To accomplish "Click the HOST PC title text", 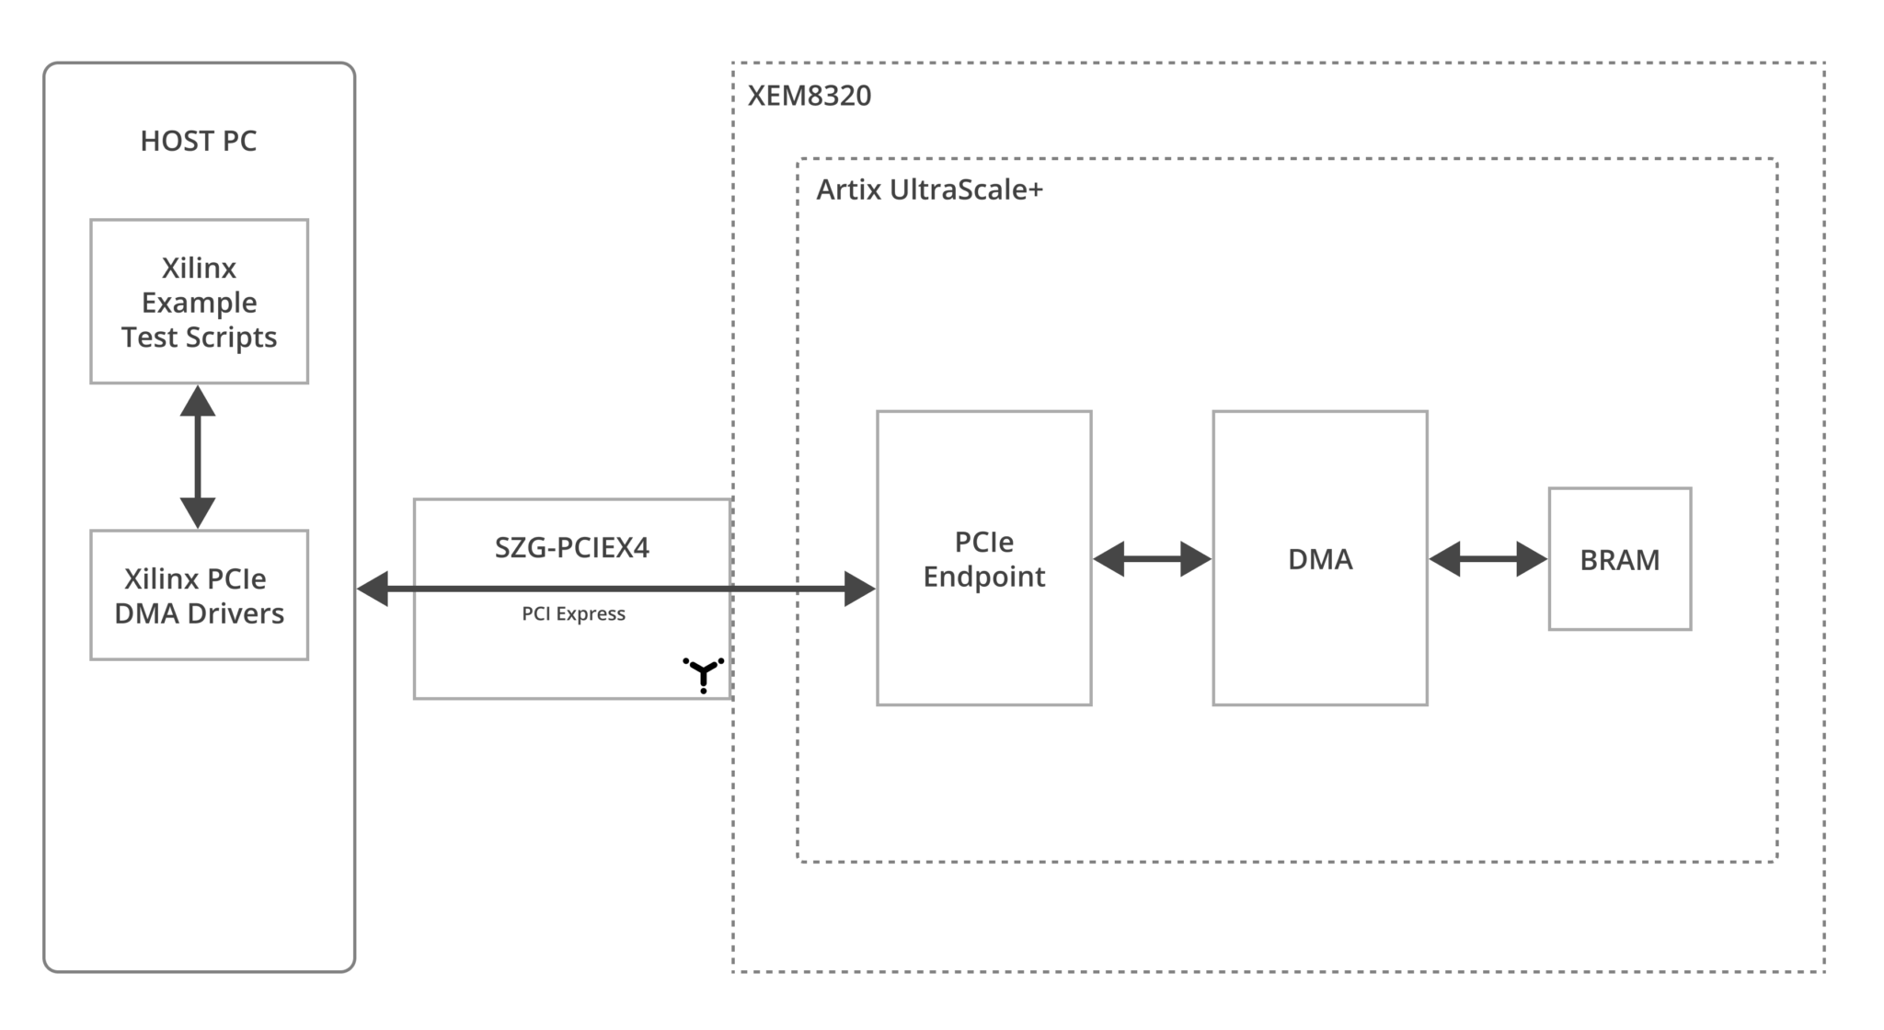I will (198, 141).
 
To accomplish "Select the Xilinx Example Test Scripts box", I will (199, 302).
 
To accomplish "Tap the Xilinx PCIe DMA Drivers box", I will (199, 595).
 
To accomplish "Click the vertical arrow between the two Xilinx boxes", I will (198, 457).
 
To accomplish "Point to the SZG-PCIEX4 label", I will (571, 547).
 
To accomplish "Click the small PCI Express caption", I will (573, 613).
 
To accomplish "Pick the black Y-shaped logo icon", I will (704, 674).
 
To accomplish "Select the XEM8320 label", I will (809, 96).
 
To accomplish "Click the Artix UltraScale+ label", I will (929, 189).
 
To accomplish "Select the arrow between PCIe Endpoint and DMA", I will (1152, 558).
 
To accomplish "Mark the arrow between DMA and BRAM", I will (1488, 558).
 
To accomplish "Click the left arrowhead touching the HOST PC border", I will (372, 589).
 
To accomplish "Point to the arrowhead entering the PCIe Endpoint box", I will (860, 589).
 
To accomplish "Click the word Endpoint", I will (983, 577).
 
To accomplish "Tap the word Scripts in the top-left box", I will (233, 338).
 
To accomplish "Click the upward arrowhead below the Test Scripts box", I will (198, 401).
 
